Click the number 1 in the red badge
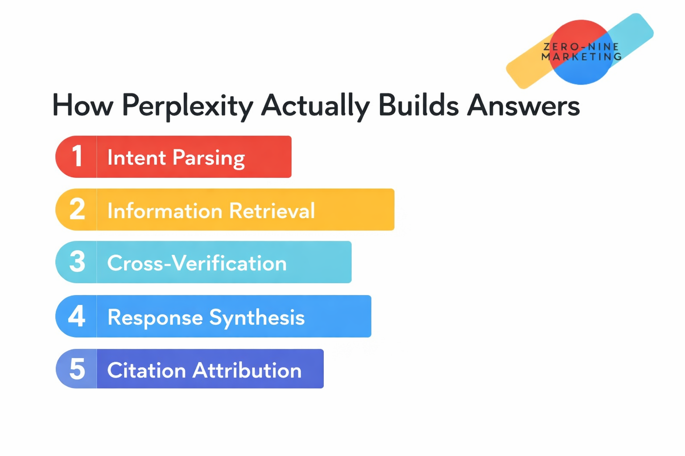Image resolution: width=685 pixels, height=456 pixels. coord(77,156)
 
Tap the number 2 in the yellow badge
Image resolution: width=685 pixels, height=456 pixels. coord(77,209)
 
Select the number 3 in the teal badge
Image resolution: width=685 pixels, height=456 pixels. coord(77,262)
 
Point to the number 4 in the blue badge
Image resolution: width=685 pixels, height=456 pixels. coord(77,316)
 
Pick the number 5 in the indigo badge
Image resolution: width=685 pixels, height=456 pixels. coord(77,369)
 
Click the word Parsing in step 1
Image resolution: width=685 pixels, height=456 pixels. coord(209,158)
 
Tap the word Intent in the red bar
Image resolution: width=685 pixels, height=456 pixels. coord(136,157)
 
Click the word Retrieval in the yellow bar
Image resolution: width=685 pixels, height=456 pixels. coord(272,211)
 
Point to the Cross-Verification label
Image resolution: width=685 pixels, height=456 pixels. coord(197,263)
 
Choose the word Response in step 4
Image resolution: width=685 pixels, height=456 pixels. coord(155,318)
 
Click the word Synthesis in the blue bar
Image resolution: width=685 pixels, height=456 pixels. coord(257,318)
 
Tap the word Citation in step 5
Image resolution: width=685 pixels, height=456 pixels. coord(146,370)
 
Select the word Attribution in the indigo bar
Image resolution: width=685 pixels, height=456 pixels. coord(247,370)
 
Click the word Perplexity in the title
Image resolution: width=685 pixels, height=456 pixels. coord(187,106)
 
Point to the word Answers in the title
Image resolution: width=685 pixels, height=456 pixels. coord(523,106)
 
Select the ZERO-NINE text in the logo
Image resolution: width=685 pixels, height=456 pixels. coord(581,47)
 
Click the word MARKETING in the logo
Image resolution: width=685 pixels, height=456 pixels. coord(581,57)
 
